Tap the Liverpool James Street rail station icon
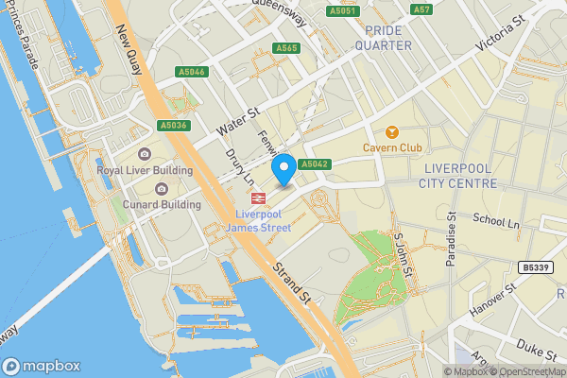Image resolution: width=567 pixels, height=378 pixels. [258, 198]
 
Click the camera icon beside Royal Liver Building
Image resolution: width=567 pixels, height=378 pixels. [144, 154]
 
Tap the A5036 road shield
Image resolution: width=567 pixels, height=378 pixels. [175, 125]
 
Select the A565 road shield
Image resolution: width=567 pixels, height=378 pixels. [286, 48]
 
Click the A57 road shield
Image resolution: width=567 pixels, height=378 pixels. [421, 9]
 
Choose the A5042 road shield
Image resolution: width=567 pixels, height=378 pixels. [315, 164]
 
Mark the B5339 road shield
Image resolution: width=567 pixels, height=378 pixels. [536, 268]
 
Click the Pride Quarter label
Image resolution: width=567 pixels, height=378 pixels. [383, 38]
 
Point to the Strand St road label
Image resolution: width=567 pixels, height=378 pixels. [292, 283]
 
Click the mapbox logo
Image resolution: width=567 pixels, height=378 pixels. [41, 366]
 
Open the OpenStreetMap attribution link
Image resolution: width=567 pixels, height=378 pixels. [527, 371]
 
